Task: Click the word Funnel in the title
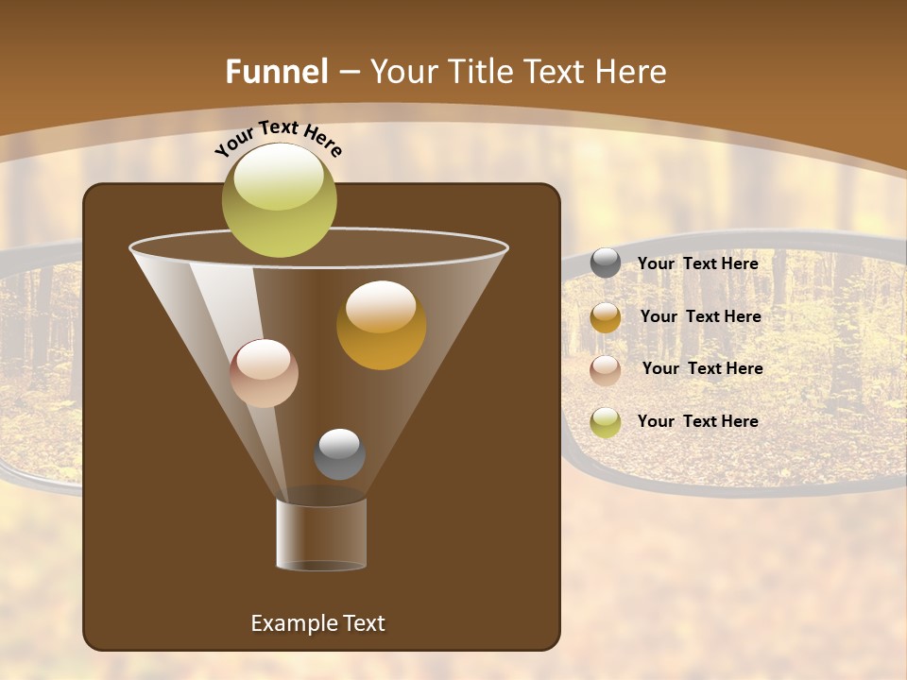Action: point(276,72)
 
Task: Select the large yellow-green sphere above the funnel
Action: point(279,199)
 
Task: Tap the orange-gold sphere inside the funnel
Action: point(381,325)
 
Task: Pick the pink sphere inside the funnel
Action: point(264,373)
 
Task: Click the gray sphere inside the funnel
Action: point(339,453)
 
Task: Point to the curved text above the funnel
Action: point(278,138)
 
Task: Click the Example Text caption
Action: point(317,623)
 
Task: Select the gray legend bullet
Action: point(606,263)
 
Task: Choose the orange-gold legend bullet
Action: point(606,317)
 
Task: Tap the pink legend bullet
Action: point(606,369)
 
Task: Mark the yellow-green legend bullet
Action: point(606,421)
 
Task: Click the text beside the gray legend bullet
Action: point(697,263)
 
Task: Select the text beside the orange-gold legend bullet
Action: point(700,316)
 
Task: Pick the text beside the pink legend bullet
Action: point(702,368)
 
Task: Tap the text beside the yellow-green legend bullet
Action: point(697,421)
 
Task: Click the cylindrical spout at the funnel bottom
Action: point(321,534)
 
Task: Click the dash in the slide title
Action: point(348,72)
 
